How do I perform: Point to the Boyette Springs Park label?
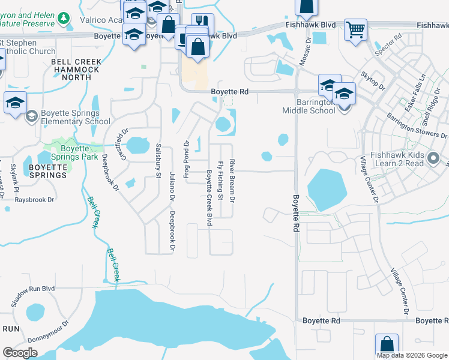pos(71,149)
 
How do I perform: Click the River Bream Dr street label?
pos(232,181)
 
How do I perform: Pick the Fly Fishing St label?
pos(221,181)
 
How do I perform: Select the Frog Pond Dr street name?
pos(186,149)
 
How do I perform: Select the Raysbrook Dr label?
pos(34,199)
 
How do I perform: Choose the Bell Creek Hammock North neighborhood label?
pos(75,70)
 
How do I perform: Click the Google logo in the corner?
pos(20,352)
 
